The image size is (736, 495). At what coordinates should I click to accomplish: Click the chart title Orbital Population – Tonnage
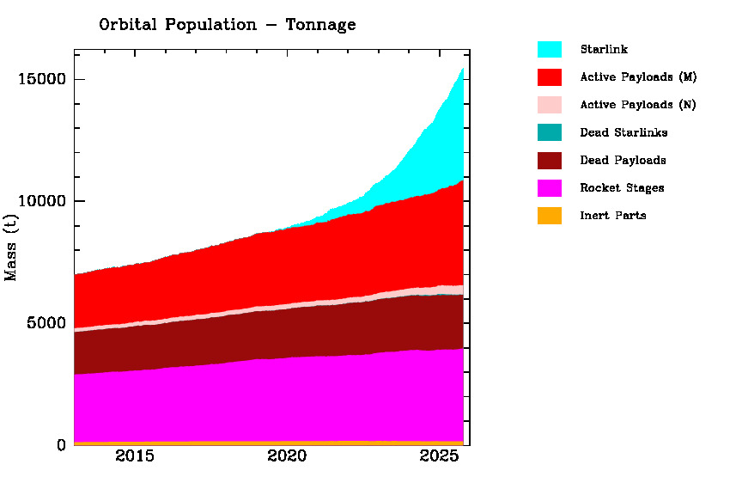tap(227, 25)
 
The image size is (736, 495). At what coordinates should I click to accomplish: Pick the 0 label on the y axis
tap(62, 445)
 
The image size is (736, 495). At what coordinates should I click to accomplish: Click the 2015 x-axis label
tap(135, 455)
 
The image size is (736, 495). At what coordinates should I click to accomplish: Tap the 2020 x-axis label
tap(287, 455)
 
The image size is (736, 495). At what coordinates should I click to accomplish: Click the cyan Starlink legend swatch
tap(550, 50)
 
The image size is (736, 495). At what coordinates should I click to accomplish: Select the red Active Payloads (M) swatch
tap(550, 77)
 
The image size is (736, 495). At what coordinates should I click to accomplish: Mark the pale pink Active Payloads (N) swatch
tap(550, 105)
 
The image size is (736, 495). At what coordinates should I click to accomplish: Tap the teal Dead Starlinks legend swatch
tap(550, 132)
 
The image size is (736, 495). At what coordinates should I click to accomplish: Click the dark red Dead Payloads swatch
tap(550, 160)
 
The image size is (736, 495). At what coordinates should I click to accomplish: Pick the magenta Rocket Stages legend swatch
tap(550, 187)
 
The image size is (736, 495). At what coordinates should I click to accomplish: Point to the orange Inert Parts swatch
tap(550, 215)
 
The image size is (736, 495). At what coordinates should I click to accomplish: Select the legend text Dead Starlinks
tap(623, 133)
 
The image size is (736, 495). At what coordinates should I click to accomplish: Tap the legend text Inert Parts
tap(613, 216)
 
